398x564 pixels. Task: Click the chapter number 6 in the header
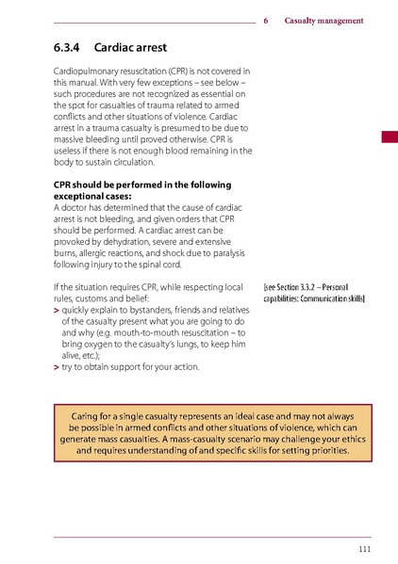(x=267, y=21)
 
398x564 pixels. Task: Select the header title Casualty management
(x=323, y=21)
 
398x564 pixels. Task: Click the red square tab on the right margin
(x=390, y=137)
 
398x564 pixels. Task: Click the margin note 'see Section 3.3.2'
(x=293, y=285)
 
